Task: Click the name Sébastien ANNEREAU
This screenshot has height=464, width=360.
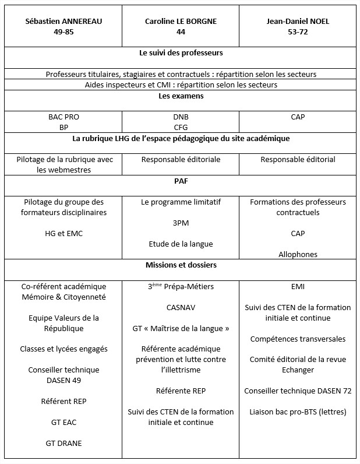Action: pyautogui.click(x=63, y=22)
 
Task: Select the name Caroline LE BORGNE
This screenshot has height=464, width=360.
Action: pyautogui.click(x=181, y=22)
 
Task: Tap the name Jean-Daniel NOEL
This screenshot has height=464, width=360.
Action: pyautogui.click(x=297, y=22)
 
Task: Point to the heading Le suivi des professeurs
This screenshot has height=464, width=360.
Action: pyautogui.click(x=181, y=53)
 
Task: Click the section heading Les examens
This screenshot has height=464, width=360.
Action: pyautogui.click(x=181, y=96)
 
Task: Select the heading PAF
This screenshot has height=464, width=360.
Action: pyautogui.click(x=181, y=181)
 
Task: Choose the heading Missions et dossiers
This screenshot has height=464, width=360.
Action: pyautogui.click(x=181, y=265)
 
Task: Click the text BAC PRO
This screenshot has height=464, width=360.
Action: pyautogui.click(x=63, y=117)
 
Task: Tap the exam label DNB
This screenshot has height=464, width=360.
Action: pyautogui.click(x=181, y=117)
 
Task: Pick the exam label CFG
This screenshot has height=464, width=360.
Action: pyautogui.click(x=181, y=127)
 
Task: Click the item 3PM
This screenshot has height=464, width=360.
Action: pyautogui.click(x=181, y=223)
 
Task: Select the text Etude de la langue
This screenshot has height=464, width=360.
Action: pyautogui.click(x=181, y=244)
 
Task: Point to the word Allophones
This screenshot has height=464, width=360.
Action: pyautogui.click(x=297, y=254)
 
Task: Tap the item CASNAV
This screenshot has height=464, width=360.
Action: pyautogui.click(x=181, y=307)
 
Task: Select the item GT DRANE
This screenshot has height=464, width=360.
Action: pyautogui.click(x=63, y=443)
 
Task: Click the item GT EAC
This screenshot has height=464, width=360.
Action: pyautogui.click(x=63, y=422)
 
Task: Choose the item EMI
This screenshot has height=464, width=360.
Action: pyautogui.click(x=297, y=286)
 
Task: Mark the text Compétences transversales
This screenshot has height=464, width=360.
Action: pyautogui.click(x=297, y=339)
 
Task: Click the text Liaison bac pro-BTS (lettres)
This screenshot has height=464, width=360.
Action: pyautogui.click(x=297, y=412)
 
